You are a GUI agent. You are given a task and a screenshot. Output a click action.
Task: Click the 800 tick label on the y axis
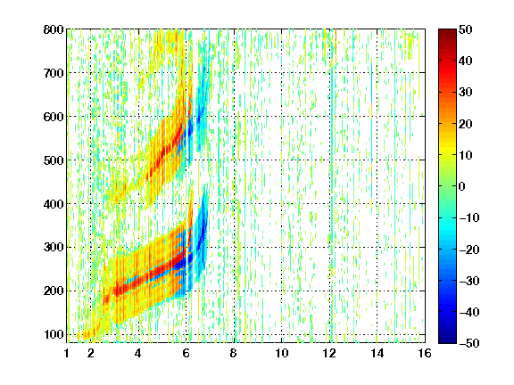tap(54, 29)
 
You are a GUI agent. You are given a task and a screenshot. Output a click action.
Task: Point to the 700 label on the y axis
tap(54, 73)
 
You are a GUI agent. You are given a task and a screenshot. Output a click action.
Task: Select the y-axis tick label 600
tap(54, 117)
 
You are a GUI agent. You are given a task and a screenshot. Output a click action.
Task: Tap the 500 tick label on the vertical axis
tap(54, 160)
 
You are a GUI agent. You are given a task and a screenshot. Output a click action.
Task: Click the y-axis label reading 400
tap(54, 204)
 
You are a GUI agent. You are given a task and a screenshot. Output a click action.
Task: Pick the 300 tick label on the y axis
tap(54, 248)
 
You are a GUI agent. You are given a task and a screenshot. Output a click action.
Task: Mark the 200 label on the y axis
tap(54, 291)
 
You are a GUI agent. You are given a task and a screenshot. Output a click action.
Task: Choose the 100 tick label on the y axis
tap(54, 334)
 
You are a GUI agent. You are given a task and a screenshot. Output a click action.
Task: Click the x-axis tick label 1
tap(67, 353)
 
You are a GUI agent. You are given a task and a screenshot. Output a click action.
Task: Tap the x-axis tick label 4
tap(138, 353)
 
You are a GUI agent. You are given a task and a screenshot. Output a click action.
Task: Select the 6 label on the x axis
tap(186, 353)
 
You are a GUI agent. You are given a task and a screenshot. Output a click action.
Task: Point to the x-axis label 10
tap(281, 353)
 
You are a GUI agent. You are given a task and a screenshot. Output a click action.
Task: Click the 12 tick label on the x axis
tap(329, 353)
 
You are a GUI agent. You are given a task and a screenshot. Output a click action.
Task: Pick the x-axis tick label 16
tap(425, 353)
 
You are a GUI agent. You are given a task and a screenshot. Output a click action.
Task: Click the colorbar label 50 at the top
tap(465, 29)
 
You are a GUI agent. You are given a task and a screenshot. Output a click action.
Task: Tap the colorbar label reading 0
tap(462, 186)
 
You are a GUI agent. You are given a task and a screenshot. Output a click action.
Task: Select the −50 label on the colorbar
tap(468, 343)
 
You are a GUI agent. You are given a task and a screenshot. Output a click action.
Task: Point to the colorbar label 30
tap(465, 92)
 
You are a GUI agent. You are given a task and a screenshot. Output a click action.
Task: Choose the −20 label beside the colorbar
tap(468, 250)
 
